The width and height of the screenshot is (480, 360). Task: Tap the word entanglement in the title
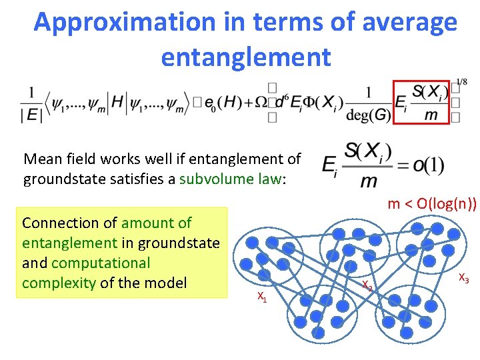click(245, 57)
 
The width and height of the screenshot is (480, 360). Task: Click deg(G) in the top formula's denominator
click(368, 115)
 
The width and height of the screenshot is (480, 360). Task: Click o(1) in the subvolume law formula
click(429, 165)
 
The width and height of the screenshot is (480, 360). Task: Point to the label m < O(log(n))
click(432, 204)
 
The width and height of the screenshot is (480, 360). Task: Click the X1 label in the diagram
click(262, 297)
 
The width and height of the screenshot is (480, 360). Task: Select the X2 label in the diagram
click(367, 285)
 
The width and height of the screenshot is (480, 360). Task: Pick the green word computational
click(100, 263)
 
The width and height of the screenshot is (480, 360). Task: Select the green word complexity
click(59, 283)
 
